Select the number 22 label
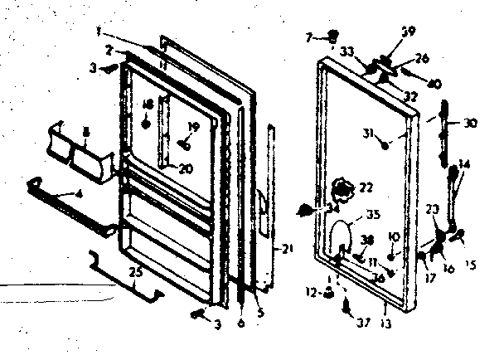coord(365,188)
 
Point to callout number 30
coord(470,124)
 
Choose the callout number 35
coord(372,214)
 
